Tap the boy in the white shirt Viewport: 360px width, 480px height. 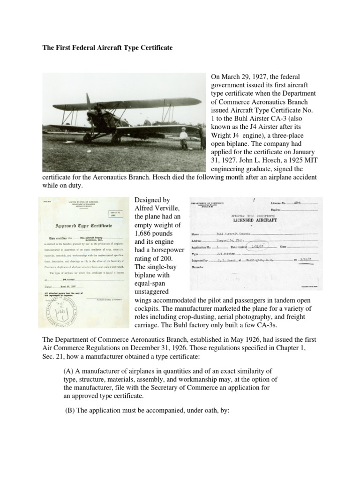click(184, 137)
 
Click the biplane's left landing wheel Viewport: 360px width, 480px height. click(87, 138)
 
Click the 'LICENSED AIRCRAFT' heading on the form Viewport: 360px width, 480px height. click(255, 220)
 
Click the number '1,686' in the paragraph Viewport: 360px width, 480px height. click(143, 233)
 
